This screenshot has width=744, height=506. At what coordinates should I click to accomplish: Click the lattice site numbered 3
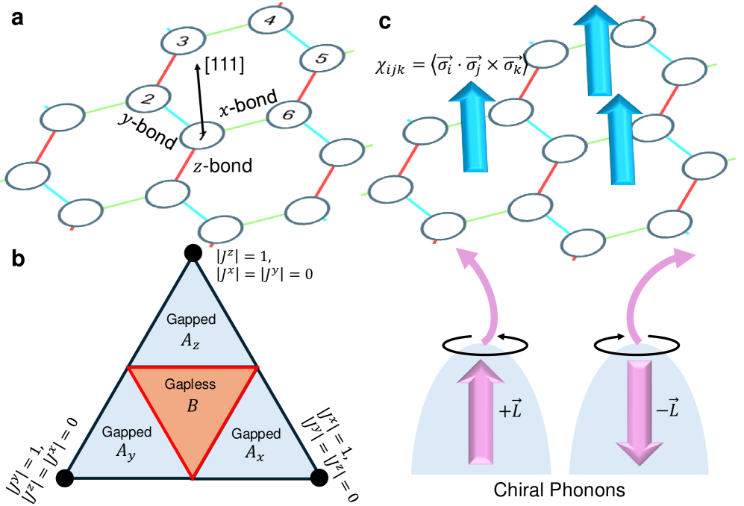click(x=181, y=42)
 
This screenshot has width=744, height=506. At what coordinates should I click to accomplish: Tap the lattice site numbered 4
click(x=269, y=21)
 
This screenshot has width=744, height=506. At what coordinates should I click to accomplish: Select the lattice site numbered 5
click(x=318, y=58)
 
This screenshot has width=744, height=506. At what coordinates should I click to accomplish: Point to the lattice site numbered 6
click(x=282, y=114)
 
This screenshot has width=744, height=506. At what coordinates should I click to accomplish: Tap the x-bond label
click(x=249, y=102)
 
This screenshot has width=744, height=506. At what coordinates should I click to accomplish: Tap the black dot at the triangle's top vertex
click(x=193, y=254)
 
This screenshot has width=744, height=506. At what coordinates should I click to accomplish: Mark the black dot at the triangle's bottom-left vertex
click(x=65, y=478)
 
